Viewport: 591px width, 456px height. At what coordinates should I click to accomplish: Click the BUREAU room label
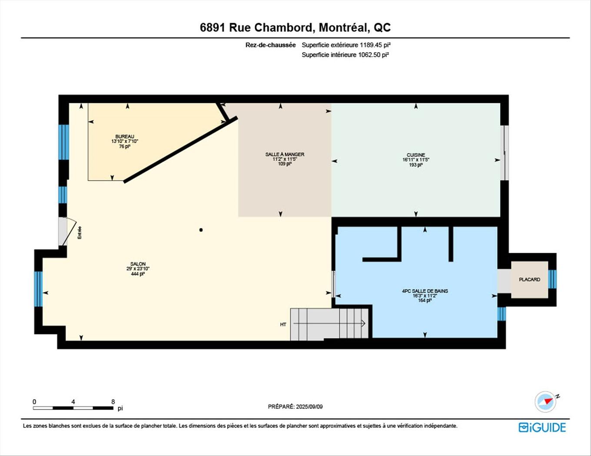(x=125, y=137)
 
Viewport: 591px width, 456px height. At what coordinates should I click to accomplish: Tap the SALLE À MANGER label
(x=285, y=155)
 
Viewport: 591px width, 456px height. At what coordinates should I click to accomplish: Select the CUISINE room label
(x=416, y=155)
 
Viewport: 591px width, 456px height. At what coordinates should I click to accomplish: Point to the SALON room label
(x=138, y=264)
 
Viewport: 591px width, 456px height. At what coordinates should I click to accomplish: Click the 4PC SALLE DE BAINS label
(x=425, y=291)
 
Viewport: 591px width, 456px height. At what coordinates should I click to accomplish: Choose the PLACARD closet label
(x=529, y=280)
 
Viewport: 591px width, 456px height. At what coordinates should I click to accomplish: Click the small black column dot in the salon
(x=201, y=230)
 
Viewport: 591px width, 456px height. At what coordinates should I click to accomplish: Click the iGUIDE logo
(x=542, y=427)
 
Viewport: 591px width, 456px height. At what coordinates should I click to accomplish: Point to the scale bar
(x=73, y=408)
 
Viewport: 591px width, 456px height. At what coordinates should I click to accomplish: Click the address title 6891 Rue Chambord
(x=295, y=27)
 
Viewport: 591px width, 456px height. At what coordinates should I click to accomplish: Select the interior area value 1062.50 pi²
(x=373, y=55)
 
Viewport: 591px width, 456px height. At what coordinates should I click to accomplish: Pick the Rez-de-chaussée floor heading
(x=270, y=45)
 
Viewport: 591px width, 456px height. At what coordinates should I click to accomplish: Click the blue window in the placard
(x=552, y=279)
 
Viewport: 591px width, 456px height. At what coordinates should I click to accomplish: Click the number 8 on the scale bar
(x=113, y=402)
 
